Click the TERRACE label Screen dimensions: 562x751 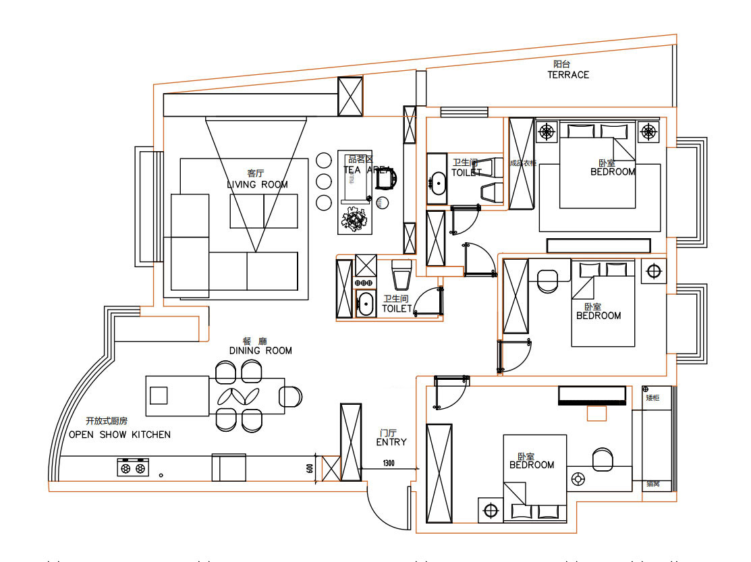click(567, 75)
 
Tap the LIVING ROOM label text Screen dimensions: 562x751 click(257, 184)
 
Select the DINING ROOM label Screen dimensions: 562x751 click(260, 351)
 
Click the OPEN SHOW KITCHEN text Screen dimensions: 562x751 click(119, 434)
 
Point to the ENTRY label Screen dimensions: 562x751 click(391, 442)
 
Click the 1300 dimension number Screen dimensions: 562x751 click(389, 463)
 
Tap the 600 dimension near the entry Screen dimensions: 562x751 click(310, 469)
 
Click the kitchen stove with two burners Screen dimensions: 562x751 click(132, 467)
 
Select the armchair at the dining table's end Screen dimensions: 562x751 click(291, 396)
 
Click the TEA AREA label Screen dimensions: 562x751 click(367, 170)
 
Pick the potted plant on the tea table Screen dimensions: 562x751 click(354, 218)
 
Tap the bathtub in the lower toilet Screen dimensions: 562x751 click(366, 304)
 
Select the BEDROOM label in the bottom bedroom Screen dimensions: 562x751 click(532, 465)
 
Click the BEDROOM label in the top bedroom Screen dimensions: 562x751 click(613, 171)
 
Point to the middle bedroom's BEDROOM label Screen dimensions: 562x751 click(598, 316)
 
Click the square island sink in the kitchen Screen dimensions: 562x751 click(159, 395)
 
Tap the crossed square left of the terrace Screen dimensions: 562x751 click(350, 96)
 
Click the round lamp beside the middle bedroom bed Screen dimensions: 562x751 click(652, 271)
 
